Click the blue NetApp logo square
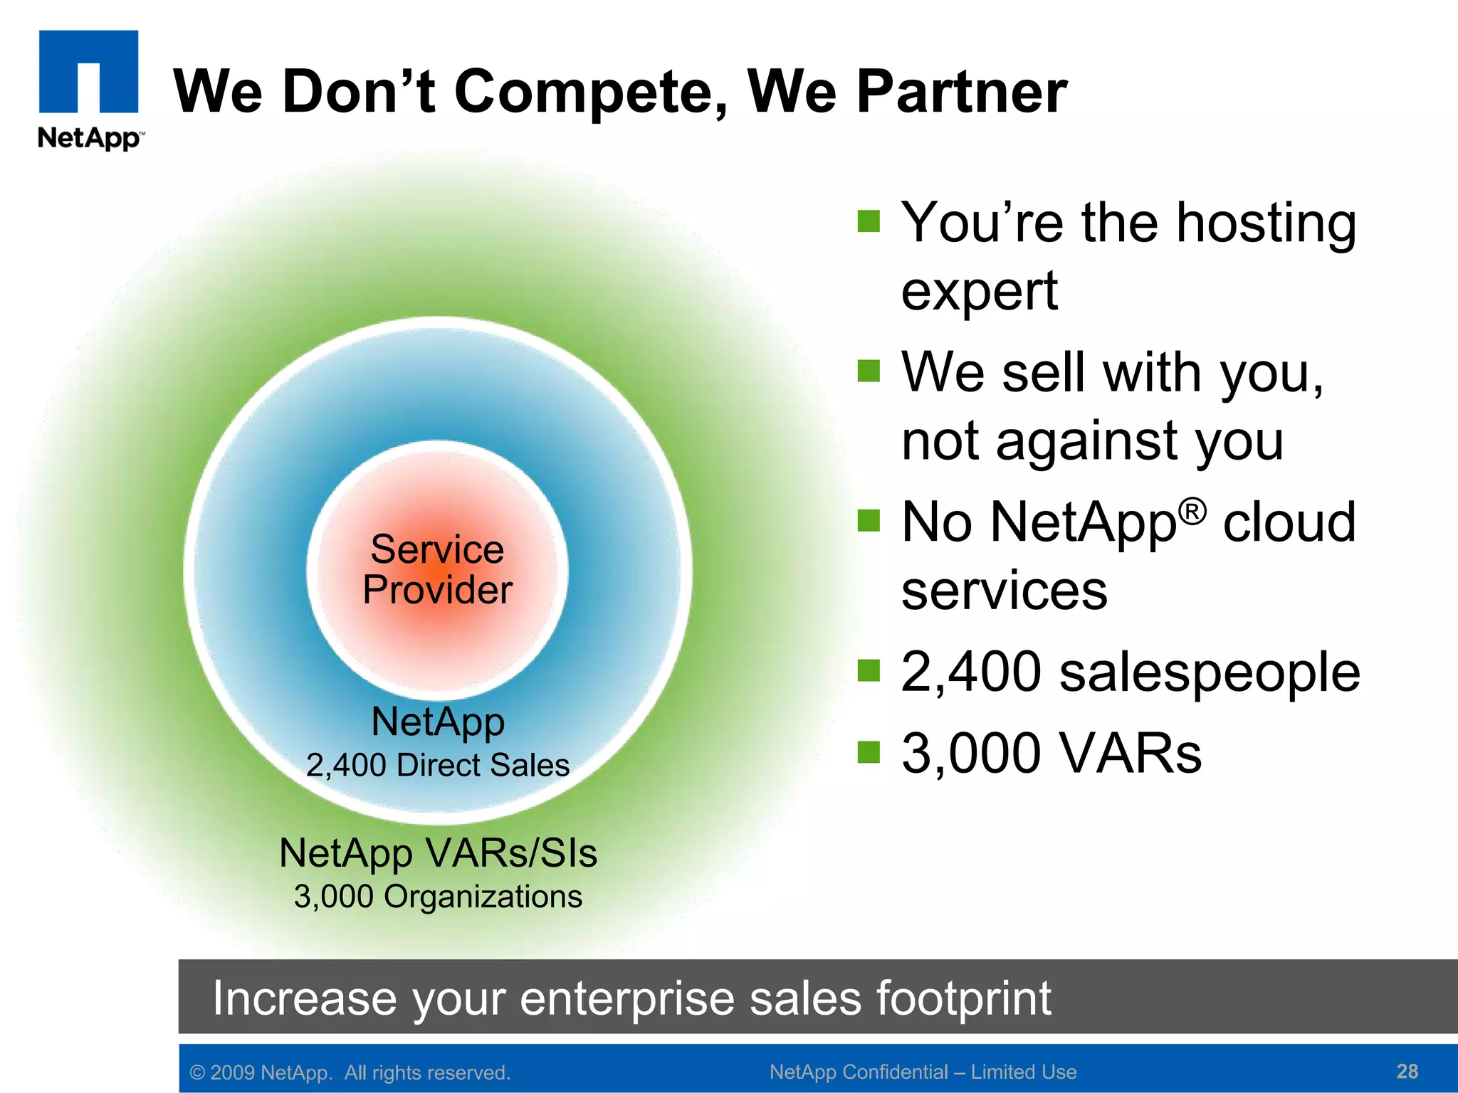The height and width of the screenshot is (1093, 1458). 88,71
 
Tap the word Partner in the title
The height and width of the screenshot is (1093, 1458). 961,92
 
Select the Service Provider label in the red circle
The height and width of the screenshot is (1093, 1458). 437,569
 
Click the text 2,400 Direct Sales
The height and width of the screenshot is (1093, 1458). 437,766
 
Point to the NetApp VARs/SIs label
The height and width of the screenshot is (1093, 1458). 438,852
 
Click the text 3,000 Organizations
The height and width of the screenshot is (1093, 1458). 438,897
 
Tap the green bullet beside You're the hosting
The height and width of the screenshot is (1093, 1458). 869,221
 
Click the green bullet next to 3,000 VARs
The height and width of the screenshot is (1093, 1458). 869,751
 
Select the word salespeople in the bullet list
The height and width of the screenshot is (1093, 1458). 1210,672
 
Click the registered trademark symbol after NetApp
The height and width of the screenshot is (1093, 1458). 1192,511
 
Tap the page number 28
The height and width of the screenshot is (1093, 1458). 1407,1071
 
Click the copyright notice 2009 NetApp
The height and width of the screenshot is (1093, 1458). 350,1072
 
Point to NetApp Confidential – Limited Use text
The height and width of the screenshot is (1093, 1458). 923,1072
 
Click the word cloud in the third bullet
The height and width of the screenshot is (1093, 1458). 1289,522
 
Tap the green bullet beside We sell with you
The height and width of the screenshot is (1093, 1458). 869,371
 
